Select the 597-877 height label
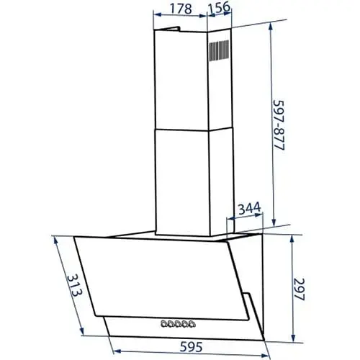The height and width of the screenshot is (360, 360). pyautogui.click(x=279, y=129)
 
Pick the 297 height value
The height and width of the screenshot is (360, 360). pyautogui.click(x=302, y=289)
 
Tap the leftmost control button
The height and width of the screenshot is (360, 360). pyautogui.click(x=165, y=323)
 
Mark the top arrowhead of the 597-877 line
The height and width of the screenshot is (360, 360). pyautogui.click(x=271, y=24)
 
